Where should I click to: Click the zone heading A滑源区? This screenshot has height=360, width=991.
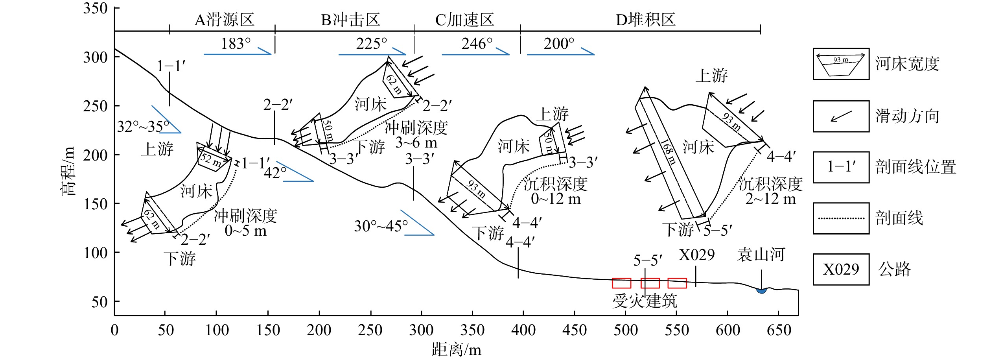click(x=225, y=20)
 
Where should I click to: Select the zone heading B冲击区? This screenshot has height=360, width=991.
click(x=351, y=20)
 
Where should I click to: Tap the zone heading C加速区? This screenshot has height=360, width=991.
click(x=464, y=20)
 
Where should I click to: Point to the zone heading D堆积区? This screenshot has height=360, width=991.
click(x=645, y=20)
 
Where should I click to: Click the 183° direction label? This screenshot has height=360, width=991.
click(x=236, y=44)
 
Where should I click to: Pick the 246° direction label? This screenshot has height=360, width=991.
click(x=477, y=44)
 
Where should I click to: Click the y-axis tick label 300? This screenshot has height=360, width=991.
click(x=95, y=57)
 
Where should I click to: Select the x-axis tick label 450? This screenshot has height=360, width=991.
click(x=575, y=330)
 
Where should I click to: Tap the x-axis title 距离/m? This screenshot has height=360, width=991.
click(x=456, y=349)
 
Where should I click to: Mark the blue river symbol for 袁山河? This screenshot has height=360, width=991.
click(x=762, y=291)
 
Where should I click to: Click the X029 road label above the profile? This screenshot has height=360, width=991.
click(x=697, y=255)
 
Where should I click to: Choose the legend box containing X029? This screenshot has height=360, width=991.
click(x=841, y=269)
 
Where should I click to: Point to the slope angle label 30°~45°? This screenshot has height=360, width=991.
click(x=381, y=226)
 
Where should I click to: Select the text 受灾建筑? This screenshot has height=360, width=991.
click(x=645, y=301)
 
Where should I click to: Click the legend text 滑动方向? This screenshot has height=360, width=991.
click(x=908, y=116)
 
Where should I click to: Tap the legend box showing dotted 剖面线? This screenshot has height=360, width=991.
click(x=841, y=218)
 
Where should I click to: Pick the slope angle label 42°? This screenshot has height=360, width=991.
click(x=275, y=173)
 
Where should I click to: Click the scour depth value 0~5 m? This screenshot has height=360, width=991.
click(x=246, y=231)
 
